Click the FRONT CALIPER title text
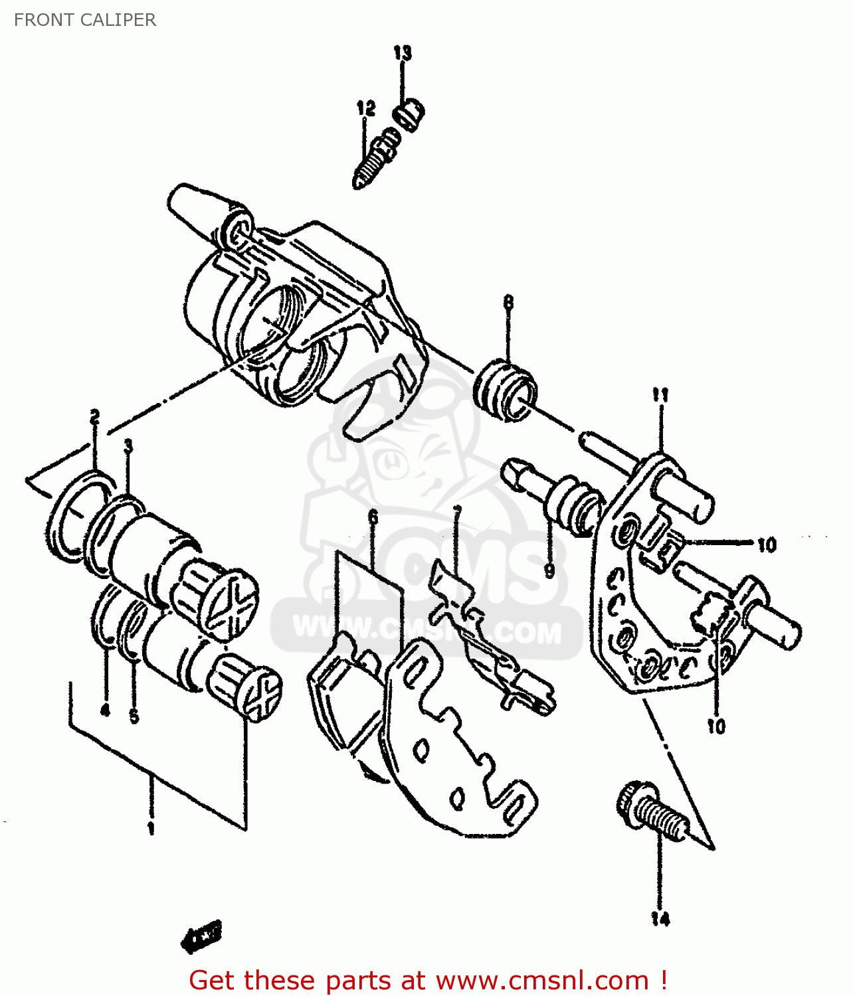click(85, 20)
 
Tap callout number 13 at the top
click(403, 52)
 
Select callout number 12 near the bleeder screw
click(366, 108)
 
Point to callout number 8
click(508, 303)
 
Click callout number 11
click(660, 395)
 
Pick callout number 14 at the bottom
click(660, 919)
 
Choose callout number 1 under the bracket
click(151, 828)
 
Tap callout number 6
click(373, 517)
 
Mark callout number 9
click(549, 570)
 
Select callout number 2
click(95, 417)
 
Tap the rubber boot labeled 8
click(506, 391)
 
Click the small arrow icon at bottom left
click(201, 936)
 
